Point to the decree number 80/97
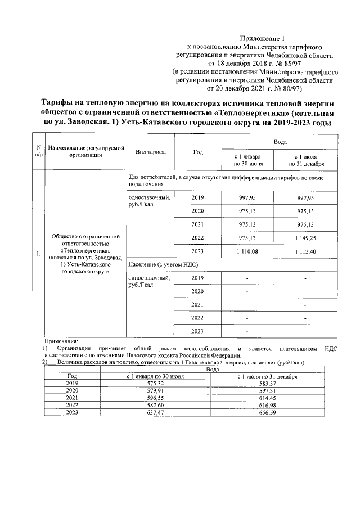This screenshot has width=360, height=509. [290, 88]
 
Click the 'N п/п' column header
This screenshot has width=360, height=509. [37, 151]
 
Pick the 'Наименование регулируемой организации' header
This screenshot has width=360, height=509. [85, 151]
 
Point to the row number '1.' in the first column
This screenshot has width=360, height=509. [37, 254]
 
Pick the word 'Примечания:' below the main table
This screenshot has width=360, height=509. [61, 341]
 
